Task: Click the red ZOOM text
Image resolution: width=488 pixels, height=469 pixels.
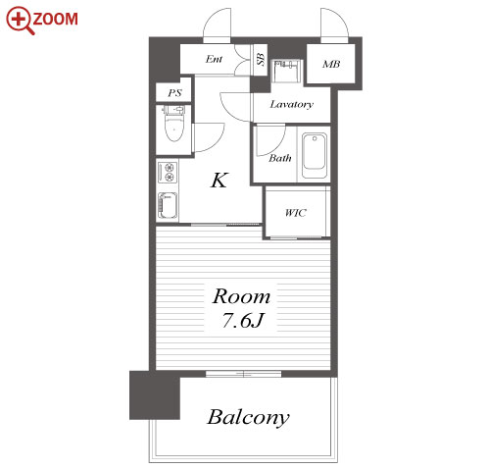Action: [55, 19]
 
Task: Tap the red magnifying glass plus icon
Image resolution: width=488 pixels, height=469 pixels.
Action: [20, 21]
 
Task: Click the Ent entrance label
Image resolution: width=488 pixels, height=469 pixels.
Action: [214, 59]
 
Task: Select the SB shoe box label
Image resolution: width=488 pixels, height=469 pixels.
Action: [261, 59]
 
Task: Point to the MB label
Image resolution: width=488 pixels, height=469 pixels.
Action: [331, 64]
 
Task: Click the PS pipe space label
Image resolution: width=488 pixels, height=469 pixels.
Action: [174, 93]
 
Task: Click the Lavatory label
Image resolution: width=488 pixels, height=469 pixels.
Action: [291, 104]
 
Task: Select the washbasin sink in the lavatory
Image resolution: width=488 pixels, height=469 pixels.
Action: [286, 72]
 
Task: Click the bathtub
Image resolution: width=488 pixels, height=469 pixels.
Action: [315, 155]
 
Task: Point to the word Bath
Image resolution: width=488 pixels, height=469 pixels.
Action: [280, 158]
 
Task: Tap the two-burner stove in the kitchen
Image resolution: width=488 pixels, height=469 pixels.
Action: [168, 172]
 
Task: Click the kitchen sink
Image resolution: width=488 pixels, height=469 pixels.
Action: [168, 205]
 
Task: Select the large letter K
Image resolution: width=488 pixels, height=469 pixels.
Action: [219, 181]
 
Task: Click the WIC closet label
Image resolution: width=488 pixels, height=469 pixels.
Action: [296, 213]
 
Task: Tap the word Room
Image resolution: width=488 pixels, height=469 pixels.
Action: [241, 296]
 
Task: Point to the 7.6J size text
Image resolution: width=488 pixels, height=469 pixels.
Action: [243, 320]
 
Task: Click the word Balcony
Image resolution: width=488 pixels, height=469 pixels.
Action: [248, 417]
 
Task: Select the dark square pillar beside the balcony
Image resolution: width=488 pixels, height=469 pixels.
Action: [155, 395]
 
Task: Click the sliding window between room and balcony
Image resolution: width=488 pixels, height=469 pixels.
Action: [243, 374]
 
